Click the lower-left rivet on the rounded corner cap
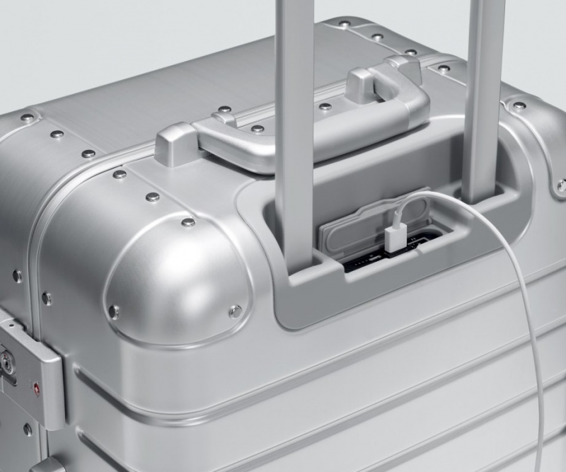pyautogui.click(x=113, y=310)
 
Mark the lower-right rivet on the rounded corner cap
pyautogui.click(x=235, y=310)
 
